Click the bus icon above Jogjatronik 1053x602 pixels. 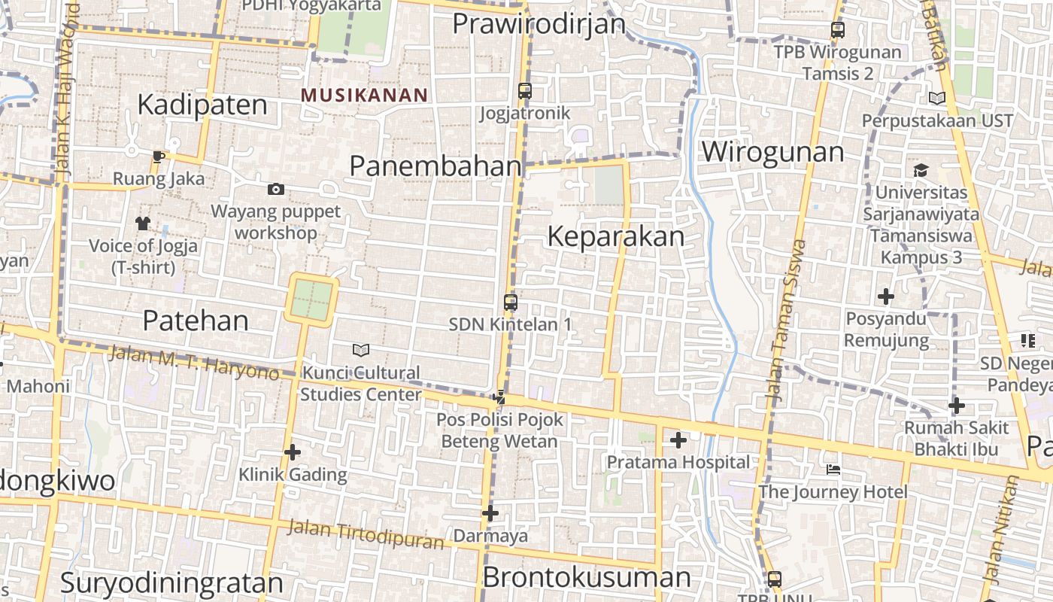pos(525,91)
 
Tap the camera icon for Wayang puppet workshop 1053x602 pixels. pos(276,189)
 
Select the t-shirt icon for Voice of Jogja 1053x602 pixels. pos(143,223)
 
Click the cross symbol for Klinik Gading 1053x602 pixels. pos(293,452)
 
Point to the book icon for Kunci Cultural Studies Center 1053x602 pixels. pos(361,350)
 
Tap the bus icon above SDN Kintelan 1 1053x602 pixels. pos(511,303)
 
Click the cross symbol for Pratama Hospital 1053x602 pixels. pos(678,439)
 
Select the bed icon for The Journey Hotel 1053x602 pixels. pos(833,470)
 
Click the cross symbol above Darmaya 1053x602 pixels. pos(490,513)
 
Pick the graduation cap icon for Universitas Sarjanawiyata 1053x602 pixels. pos(921,170)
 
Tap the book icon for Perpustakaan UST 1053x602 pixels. pos(936,98)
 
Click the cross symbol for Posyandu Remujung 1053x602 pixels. pos(886,296)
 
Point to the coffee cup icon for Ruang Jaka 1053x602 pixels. pos(158,157)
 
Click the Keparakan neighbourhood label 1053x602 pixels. pos(615,236)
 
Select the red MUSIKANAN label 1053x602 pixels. pos(364,96)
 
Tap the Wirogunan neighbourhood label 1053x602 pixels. pos(772,152)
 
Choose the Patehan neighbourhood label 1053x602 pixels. pos(196,321)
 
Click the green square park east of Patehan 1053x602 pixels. pos(311,299)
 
